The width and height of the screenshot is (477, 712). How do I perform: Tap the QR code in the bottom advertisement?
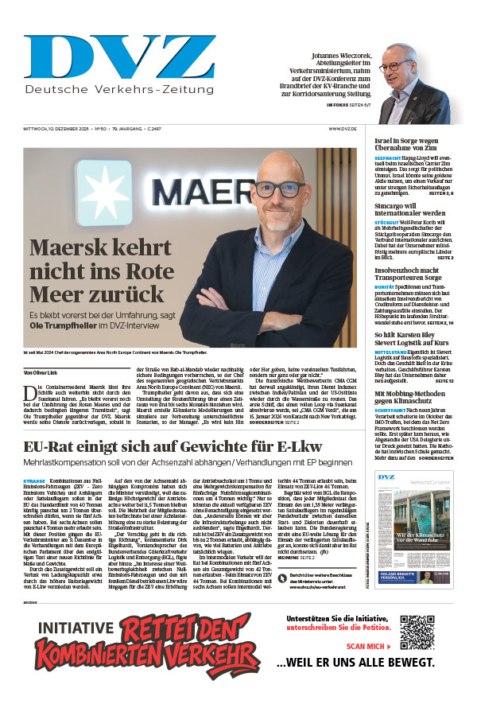tap(417, 632)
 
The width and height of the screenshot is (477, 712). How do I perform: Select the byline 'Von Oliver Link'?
tap(41, 372)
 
